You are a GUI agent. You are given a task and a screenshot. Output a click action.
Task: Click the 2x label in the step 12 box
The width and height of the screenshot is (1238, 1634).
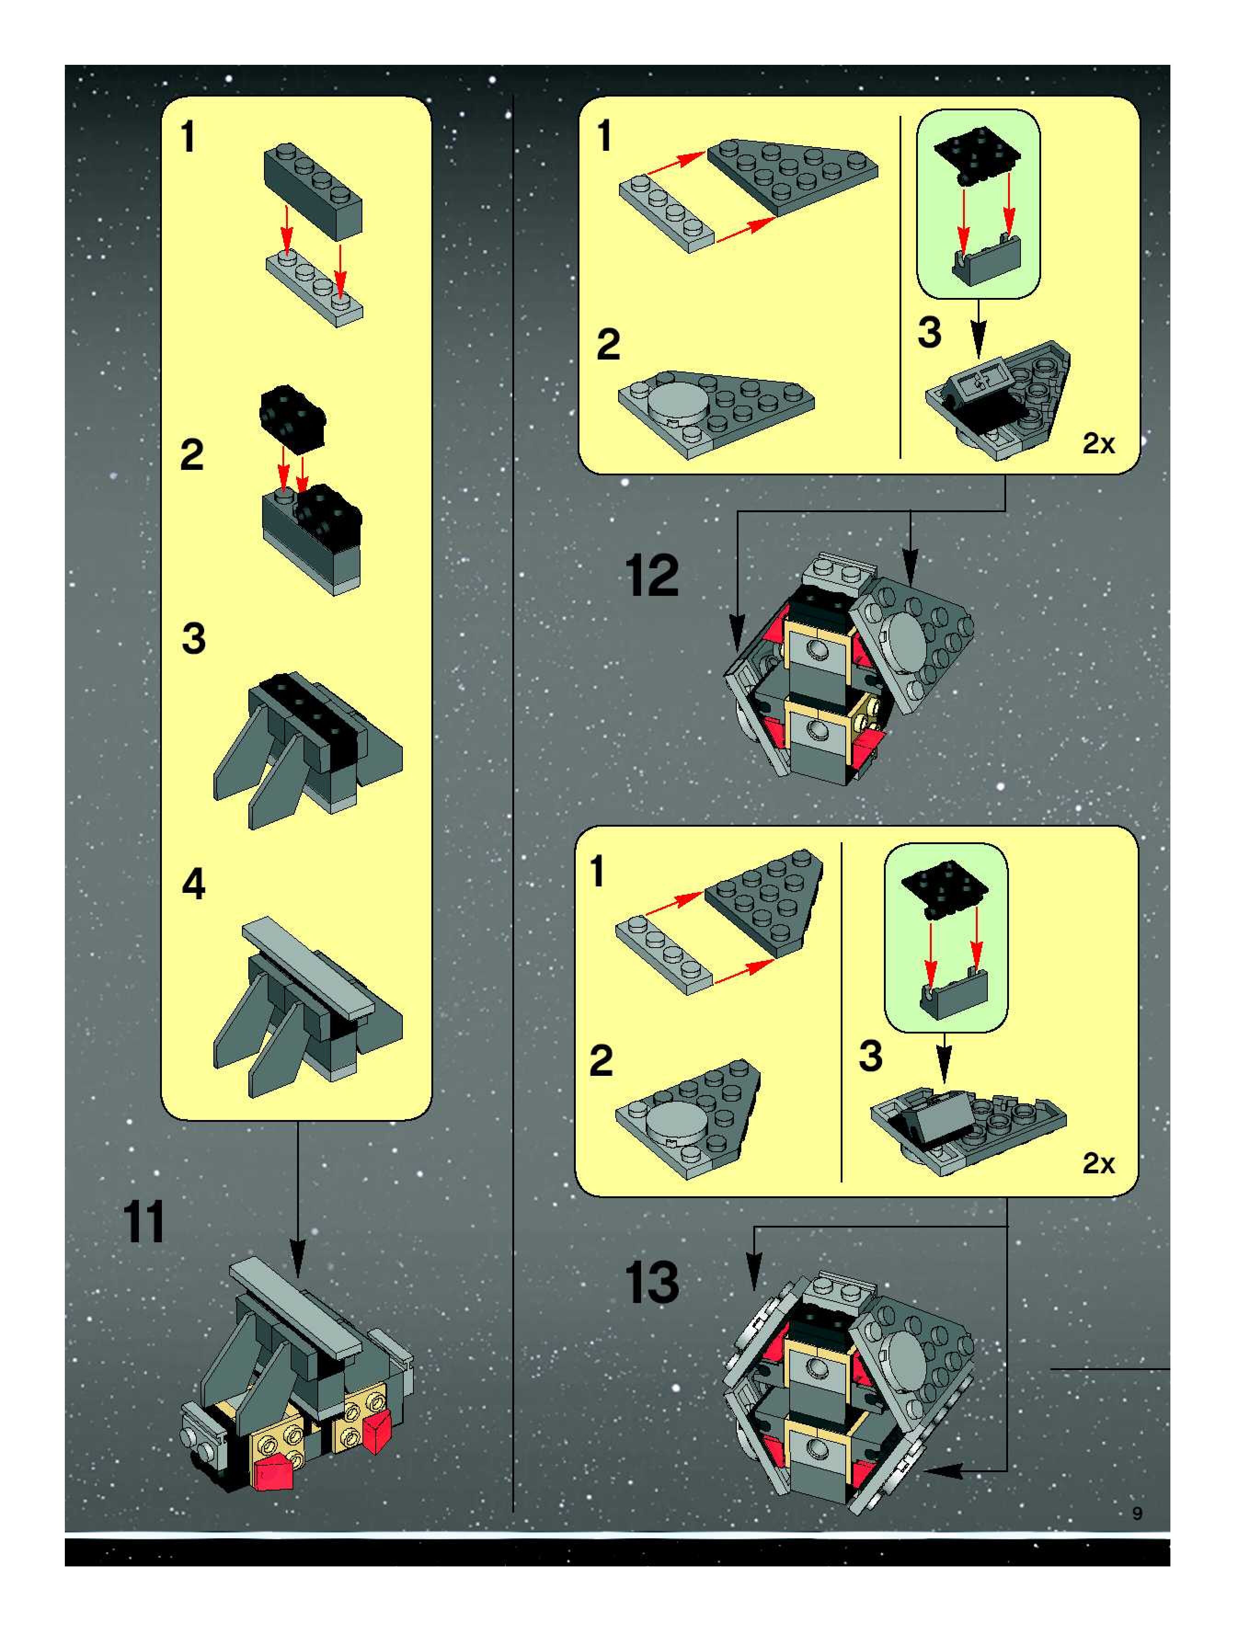pyautogui.click(x=1098, y=444)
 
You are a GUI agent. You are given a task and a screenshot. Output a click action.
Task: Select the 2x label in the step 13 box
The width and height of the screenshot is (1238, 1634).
pyautogui.click(x=1098, y=1164)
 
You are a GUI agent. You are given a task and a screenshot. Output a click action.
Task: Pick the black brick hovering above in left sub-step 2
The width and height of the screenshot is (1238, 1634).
pyautogui.click(x=292, y=418)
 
